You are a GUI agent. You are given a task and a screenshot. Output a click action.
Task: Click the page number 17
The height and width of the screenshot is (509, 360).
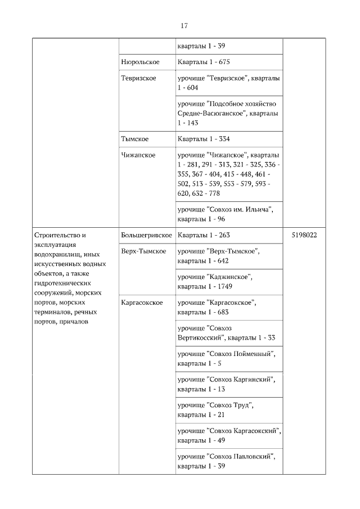click(184, 26)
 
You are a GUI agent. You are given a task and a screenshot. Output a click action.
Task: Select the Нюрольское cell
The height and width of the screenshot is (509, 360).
click(140, 62)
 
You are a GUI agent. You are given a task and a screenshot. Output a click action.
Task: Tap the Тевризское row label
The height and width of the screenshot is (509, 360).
click(138, 78)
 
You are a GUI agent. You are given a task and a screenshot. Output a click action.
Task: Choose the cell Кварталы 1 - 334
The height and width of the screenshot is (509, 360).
click(204, 139)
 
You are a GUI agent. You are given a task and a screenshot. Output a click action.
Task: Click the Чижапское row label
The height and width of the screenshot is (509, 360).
click(138, 155)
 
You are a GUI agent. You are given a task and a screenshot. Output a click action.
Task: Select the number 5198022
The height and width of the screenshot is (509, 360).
click(304, 235)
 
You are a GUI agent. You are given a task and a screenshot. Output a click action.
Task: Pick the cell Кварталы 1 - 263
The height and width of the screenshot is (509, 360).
click(204, 235)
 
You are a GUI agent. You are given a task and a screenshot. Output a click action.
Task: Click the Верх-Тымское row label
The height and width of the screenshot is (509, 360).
click(143, 251)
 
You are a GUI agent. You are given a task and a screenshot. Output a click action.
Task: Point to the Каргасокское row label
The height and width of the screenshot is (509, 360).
click(142, 303)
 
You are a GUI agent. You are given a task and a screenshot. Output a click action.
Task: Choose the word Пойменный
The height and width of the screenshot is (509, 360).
click(252, 354)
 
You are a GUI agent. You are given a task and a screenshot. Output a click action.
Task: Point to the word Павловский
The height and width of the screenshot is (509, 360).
click(253, 457)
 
